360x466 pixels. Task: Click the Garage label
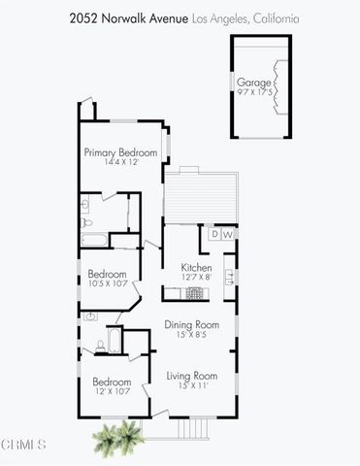point(254,83)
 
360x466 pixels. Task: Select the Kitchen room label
point(197,267)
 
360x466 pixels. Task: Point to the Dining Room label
point(190,324)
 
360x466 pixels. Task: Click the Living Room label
point(190,376)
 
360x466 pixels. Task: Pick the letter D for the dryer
point(213,234)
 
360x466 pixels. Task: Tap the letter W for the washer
point(227,234)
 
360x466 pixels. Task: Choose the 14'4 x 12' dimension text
point(121,162)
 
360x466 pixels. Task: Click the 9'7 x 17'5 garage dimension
point(254,93)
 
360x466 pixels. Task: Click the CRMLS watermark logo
point(23,446)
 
